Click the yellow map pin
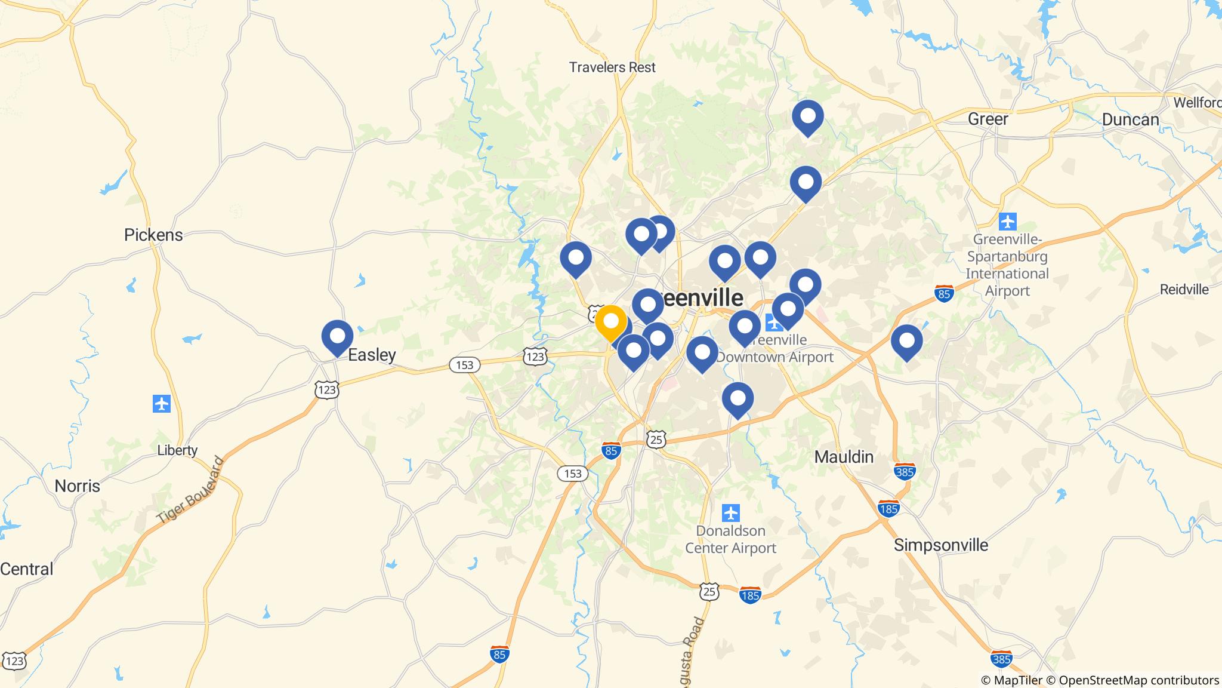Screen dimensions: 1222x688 click(x=611, y=322)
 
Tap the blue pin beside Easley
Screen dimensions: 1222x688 click(x=337, y=336)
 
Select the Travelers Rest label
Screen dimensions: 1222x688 click(x=612, y=67)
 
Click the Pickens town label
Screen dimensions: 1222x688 click(x=153, y=235)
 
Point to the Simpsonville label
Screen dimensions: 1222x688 click(x=941, y=545)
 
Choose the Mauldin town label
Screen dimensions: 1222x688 click(x=844, y=457)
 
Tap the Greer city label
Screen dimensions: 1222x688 click(x=988, y=119)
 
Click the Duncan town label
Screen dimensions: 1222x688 click(x=1130, y=119)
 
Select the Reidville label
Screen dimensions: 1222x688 click(x=1184, y=290)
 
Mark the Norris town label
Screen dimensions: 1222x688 click(x=78, y=486)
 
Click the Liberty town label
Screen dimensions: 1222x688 click(x=177, y=450)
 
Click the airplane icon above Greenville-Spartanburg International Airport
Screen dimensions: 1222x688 click(x=1007, y=222)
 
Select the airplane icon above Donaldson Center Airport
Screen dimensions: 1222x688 click(x=731, y=513)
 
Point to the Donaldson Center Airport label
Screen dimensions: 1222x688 click(x=731, y=539)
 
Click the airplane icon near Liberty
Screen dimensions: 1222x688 click(x=162, y=404)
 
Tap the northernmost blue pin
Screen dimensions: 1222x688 click(x=807, y=116)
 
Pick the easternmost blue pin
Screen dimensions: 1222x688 click(x=906, y=341)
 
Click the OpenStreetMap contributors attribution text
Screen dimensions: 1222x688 click(x=1138, y=680)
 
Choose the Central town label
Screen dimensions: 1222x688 click(x=26, y=569)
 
